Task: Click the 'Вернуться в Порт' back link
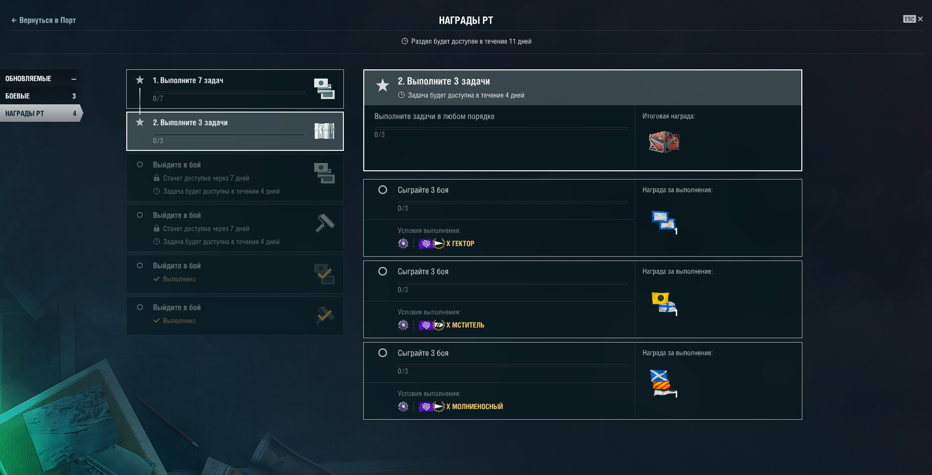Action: tap(44, 20)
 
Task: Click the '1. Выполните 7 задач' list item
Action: tap(235, 89)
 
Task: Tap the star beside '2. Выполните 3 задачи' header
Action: tap(383, 85)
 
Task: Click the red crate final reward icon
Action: tap(664, 142)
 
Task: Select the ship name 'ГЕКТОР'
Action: tap(463, 244)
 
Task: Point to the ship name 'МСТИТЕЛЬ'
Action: tap(468, 325)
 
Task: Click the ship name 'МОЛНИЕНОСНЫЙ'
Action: tap(477, 407)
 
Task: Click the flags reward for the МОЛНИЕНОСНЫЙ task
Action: tap(663, 383)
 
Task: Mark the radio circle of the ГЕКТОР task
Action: tap(383, 190)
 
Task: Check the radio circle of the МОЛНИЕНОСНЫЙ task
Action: tap(383, 353)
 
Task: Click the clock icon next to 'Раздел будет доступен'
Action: tap(405, 41)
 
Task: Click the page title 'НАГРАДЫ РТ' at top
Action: tap(466, 20)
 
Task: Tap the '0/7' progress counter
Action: tap(158, 98)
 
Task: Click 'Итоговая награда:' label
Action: tap(669, 116)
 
